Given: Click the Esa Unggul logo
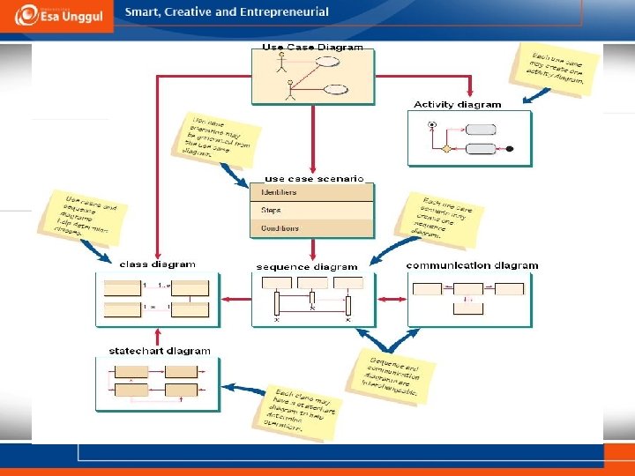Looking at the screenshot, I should pos(57,16).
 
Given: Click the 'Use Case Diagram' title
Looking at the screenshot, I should pos(313,47).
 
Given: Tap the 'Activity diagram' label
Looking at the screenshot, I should pos(457,105).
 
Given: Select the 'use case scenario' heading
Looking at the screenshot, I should pos(314,178).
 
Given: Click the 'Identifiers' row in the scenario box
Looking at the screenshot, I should pos(280,192).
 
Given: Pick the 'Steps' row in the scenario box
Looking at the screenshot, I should pos(271,211).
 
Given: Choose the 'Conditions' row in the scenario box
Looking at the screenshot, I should pos(280,228).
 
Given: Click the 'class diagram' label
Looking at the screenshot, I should pos(157,264).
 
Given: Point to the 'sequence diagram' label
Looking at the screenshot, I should pos(307,266).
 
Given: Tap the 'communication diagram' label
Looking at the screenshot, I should pos(472,265).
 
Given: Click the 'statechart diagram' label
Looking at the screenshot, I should pos(160,351).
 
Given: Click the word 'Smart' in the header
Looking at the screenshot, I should pos(141,12).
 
